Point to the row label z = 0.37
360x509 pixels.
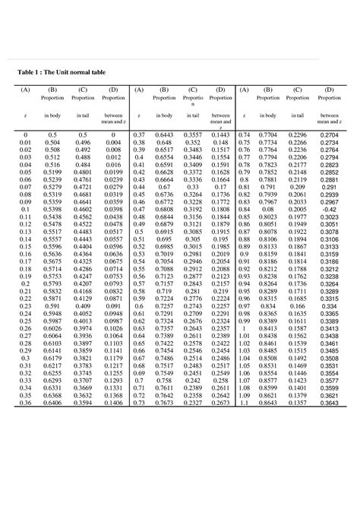138,133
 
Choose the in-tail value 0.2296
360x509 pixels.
297,133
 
